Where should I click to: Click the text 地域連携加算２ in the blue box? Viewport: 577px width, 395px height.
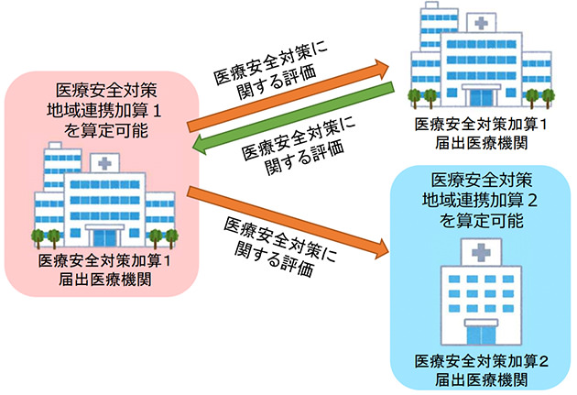(480, 200)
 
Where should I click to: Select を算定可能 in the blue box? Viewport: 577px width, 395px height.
(480, 220)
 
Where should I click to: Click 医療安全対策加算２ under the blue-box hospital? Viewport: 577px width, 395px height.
(480, 360)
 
